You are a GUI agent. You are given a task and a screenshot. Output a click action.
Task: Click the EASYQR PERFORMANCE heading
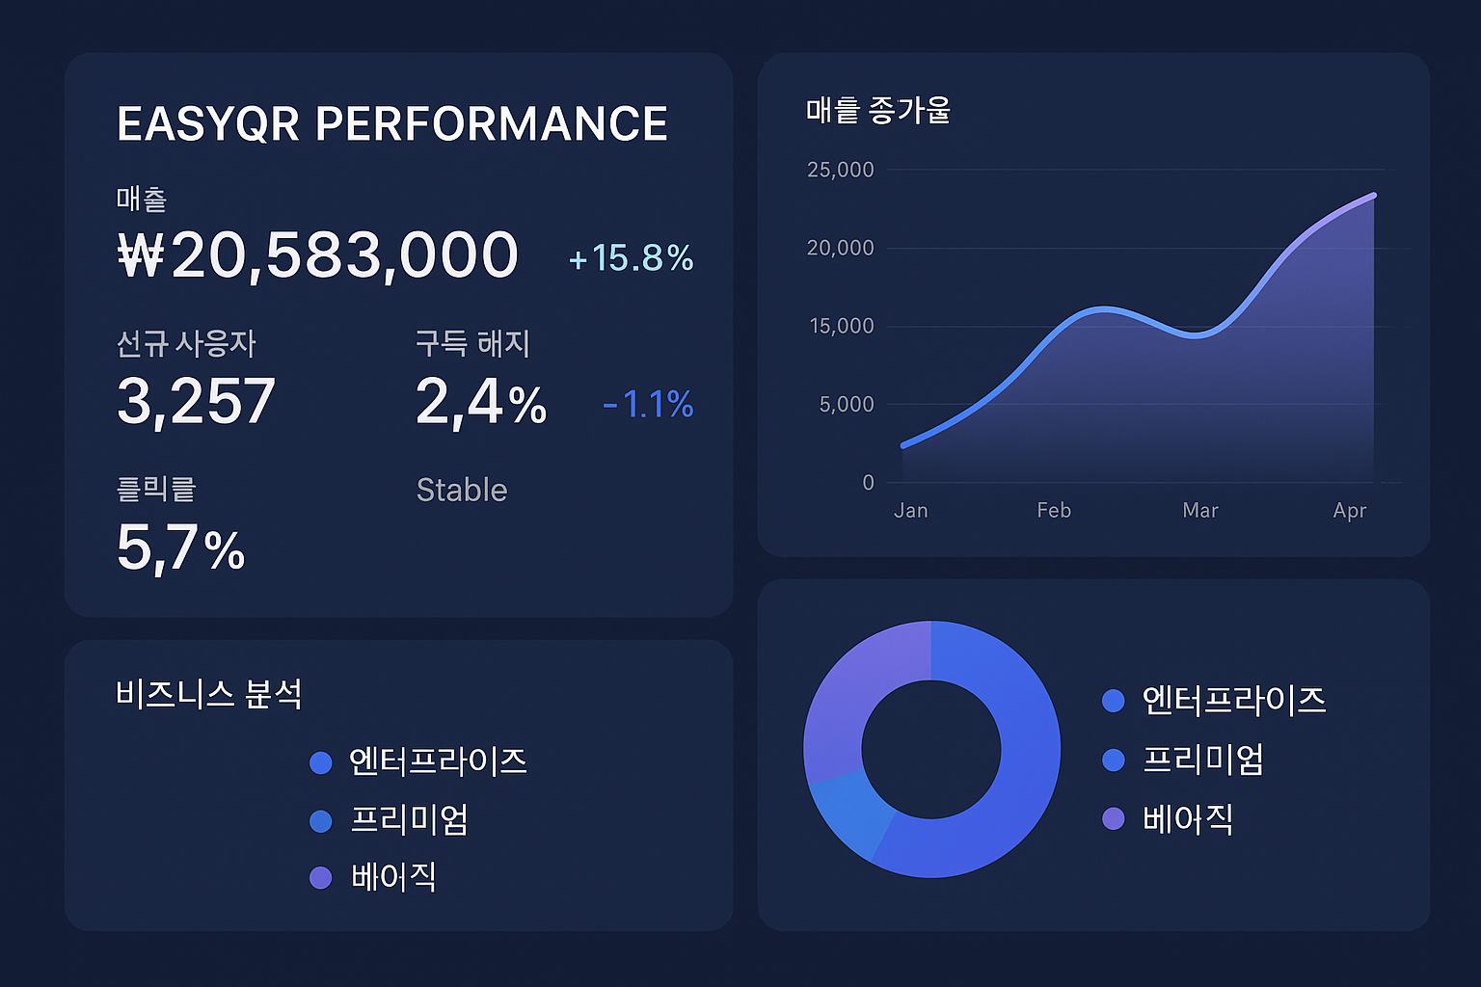392,124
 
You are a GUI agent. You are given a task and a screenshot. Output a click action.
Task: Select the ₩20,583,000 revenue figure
318,256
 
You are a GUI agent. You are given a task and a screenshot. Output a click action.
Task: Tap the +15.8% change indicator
631,258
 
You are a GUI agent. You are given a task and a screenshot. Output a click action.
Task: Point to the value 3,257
196,402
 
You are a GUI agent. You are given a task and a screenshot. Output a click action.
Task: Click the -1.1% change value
648,405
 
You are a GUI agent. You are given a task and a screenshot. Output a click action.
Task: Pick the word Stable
462,491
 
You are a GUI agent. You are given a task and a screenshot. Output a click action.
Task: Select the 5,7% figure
180,548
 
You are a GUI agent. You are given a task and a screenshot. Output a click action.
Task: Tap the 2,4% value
481,402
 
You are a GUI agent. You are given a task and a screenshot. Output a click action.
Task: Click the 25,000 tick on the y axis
840,171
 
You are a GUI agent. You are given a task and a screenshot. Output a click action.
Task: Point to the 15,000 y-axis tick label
841,327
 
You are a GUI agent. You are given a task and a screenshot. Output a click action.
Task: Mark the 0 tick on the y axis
868,483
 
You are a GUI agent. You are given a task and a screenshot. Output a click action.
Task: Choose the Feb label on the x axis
1054,511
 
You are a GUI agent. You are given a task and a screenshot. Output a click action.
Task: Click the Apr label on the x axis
1349,511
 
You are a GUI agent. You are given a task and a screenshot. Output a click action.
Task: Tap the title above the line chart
878,111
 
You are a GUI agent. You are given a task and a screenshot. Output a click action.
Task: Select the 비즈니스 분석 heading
209,694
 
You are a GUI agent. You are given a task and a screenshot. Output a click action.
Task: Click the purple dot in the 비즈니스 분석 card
321,878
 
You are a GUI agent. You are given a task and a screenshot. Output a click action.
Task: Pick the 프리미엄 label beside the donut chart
1202,760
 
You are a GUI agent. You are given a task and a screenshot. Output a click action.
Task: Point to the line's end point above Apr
1374,196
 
